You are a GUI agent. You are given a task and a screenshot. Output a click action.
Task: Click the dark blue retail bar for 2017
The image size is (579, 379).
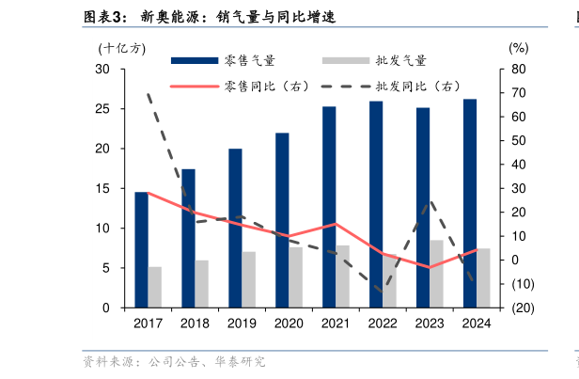(141, 249)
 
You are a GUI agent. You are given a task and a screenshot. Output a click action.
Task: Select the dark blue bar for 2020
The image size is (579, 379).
(282, 220)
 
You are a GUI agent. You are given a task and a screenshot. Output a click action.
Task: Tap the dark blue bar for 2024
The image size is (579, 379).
(470, 202)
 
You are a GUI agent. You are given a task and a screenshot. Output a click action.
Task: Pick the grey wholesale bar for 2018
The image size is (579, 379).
(201, 283)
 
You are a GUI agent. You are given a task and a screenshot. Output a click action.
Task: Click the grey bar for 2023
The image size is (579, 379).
(436, 273)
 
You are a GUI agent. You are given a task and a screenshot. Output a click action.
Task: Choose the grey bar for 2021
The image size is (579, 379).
(342, 276)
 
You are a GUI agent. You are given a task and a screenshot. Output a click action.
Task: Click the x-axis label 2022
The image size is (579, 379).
(383, 324)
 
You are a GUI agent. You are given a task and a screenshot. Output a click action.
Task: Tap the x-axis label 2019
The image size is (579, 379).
(242, 324)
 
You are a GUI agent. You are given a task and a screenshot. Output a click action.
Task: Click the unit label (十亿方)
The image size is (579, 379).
(121, 48)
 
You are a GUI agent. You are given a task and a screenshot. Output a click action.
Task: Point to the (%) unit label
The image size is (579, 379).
(518, 48)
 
